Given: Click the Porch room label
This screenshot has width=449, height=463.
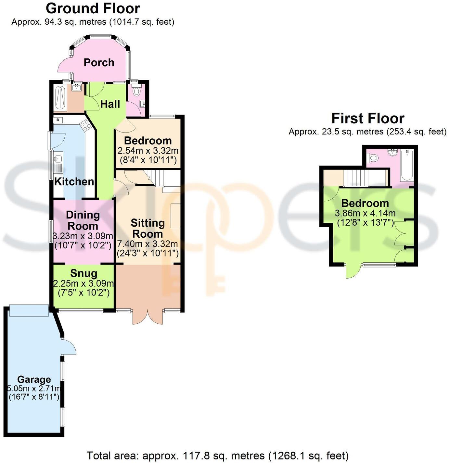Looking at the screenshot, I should tap(99, 62).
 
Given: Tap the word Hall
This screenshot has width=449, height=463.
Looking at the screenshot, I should tap(110, 104).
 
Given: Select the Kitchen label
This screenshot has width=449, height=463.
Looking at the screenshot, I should tap(74, 181).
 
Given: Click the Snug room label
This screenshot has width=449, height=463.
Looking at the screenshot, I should tap(83, 274).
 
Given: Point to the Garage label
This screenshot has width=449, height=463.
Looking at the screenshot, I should tap(34, 379).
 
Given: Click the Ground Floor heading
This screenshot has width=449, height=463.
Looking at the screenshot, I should tap(93, 8).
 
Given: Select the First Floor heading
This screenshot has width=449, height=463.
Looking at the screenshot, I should tap(368, 118).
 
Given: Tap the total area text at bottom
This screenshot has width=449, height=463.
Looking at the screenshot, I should tap(217, 456).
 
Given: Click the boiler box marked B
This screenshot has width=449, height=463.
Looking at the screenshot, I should tap(58, 120).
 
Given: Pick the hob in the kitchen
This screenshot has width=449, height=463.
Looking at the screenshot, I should tap(86, 125).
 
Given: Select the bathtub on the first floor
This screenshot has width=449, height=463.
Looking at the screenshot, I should tap(406, 166).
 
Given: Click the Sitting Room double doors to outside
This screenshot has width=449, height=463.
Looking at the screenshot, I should tap(148, 317).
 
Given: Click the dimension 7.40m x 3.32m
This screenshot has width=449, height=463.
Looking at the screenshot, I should tap(147, 244).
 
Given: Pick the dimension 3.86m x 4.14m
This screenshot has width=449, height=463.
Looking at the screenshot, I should tap(365, 213).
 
